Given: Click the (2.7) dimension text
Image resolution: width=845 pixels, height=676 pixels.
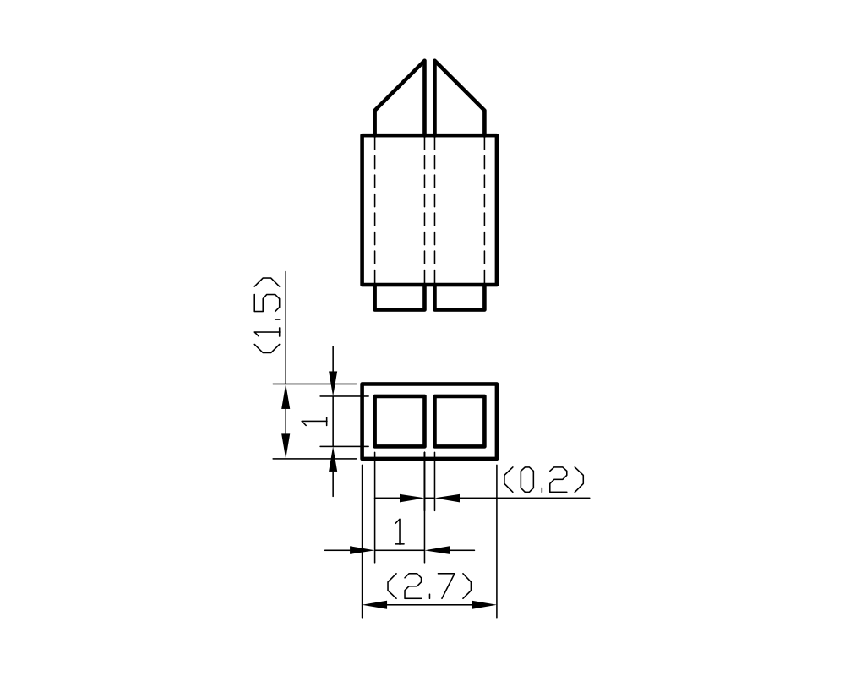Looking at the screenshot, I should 428,587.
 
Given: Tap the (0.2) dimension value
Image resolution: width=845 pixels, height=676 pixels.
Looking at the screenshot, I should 543,481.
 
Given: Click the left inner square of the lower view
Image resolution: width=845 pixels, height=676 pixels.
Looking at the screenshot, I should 400,421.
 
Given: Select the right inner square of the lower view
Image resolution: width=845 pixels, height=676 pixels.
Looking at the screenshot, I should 460,421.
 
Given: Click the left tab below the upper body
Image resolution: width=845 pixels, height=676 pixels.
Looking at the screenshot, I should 400,297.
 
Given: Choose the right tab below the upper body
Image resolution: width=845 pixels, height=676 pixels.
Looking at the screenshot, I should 460,297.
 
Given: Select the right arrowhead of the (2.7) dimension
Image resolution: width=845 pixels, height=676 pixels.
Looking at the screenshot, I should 484,605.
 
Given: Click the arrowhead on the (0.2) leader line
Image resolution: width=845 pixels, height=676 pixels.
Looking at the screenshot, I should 447,498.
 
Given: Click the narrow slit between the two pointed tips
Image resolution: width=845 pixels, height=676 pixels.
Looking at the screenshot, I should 429,93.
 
